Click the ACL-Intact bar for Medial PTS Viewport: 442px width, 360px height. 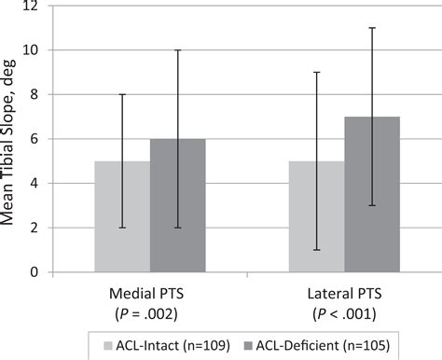tap(121, 216)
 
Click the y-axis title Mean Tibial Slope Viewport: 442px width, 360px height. tap(13, 140)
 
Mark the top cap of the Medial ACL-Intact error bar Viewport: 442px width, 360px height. tap(121, 94)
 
